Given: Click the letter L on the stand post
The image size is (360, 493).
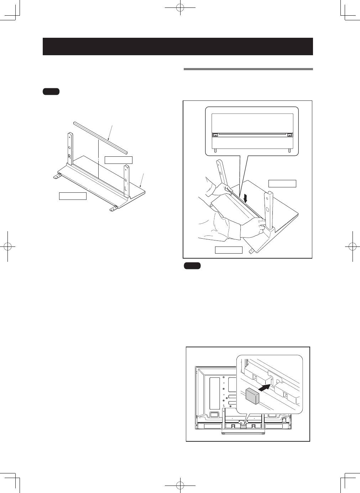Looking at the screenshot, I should point(126,186).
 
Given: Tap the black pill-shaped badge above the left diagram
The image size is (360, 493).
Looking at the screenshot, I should point(51,92).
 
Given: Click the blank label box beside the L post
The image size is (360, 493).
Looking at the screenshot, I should point(119,160).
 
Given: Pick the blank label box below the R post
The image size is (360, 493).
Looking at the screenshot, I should point(73,196).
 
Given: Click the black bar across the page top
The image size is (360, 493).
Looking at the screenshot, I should point(178,46).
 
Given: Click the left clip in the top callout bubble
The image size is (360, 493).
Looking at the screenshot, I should point(215,135).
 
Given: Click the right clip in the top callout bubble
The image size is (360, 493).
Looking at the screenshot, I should point(289,135).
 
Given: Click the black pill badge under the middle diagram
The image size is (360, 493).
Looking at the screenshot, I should point(193,266).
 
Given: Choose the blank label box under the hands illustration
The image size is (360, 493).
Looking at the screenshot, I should point(229,250).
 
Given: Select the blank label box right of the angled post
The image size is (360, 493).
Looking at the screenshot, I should point(282,183).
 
